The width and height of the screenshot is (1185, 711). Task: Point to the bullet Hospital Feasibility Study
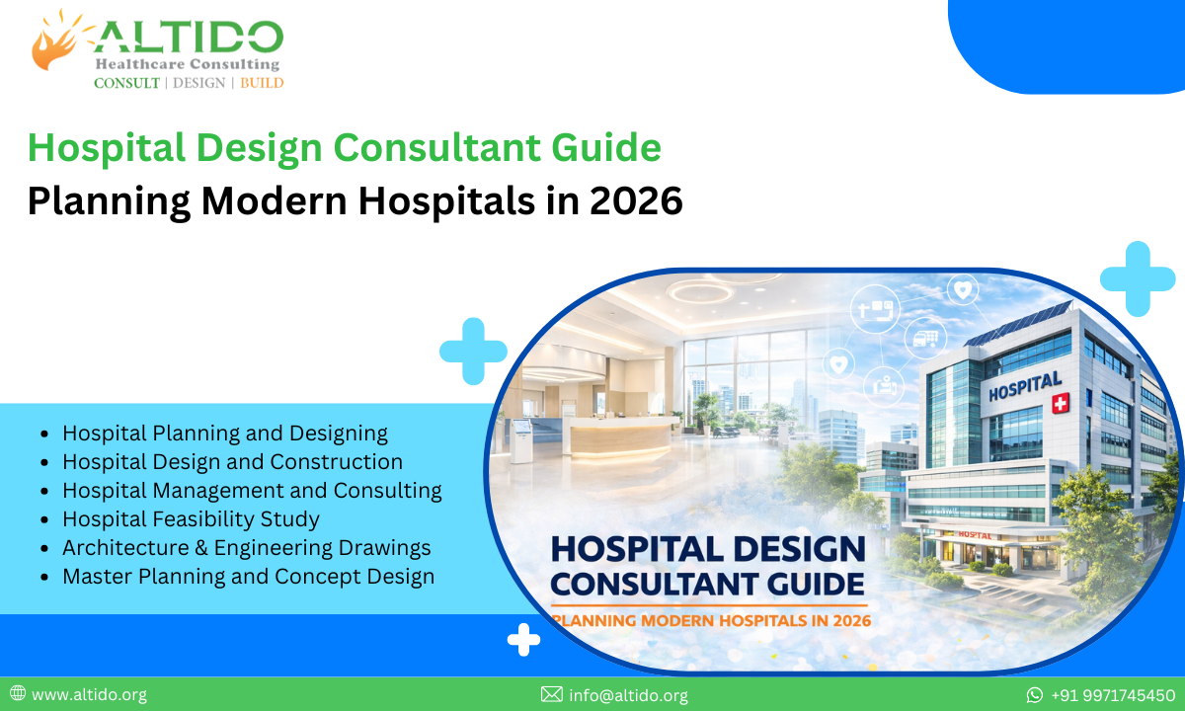(191, 518)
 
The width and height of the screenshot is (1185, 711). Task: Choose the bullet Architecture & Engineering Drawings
(247, 547)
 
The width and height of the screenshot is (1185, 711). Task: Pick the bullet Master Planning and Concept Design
(248, 576)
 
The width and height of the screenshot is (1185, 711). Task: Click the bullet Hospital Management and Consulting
(252, 490)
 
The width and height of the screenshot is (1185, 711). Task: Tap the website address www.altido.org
(89, 694)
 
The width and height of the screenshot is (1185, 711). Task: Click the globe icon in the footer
(18, 694)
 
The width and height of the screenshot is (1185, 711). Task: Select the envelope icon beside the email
(552, 694)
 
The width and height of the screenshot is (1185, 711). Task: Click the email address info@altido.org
(628, 694)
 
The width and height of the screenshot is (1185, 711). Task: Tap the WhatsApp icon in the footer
(1035, 694)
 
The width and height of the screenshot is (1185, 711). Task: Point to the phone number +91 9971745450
(1113, 694)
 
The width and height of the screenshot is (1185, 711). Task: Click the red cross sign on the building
(1062, 403)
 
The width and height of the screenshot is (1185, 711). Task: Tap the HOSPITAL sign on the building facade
(1025, 385)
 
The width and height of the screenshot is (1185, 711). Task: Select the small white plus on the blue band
(523, 641)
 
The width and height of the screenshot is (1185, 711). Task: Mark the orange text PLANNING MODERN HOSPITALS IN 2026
(711, 621)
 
